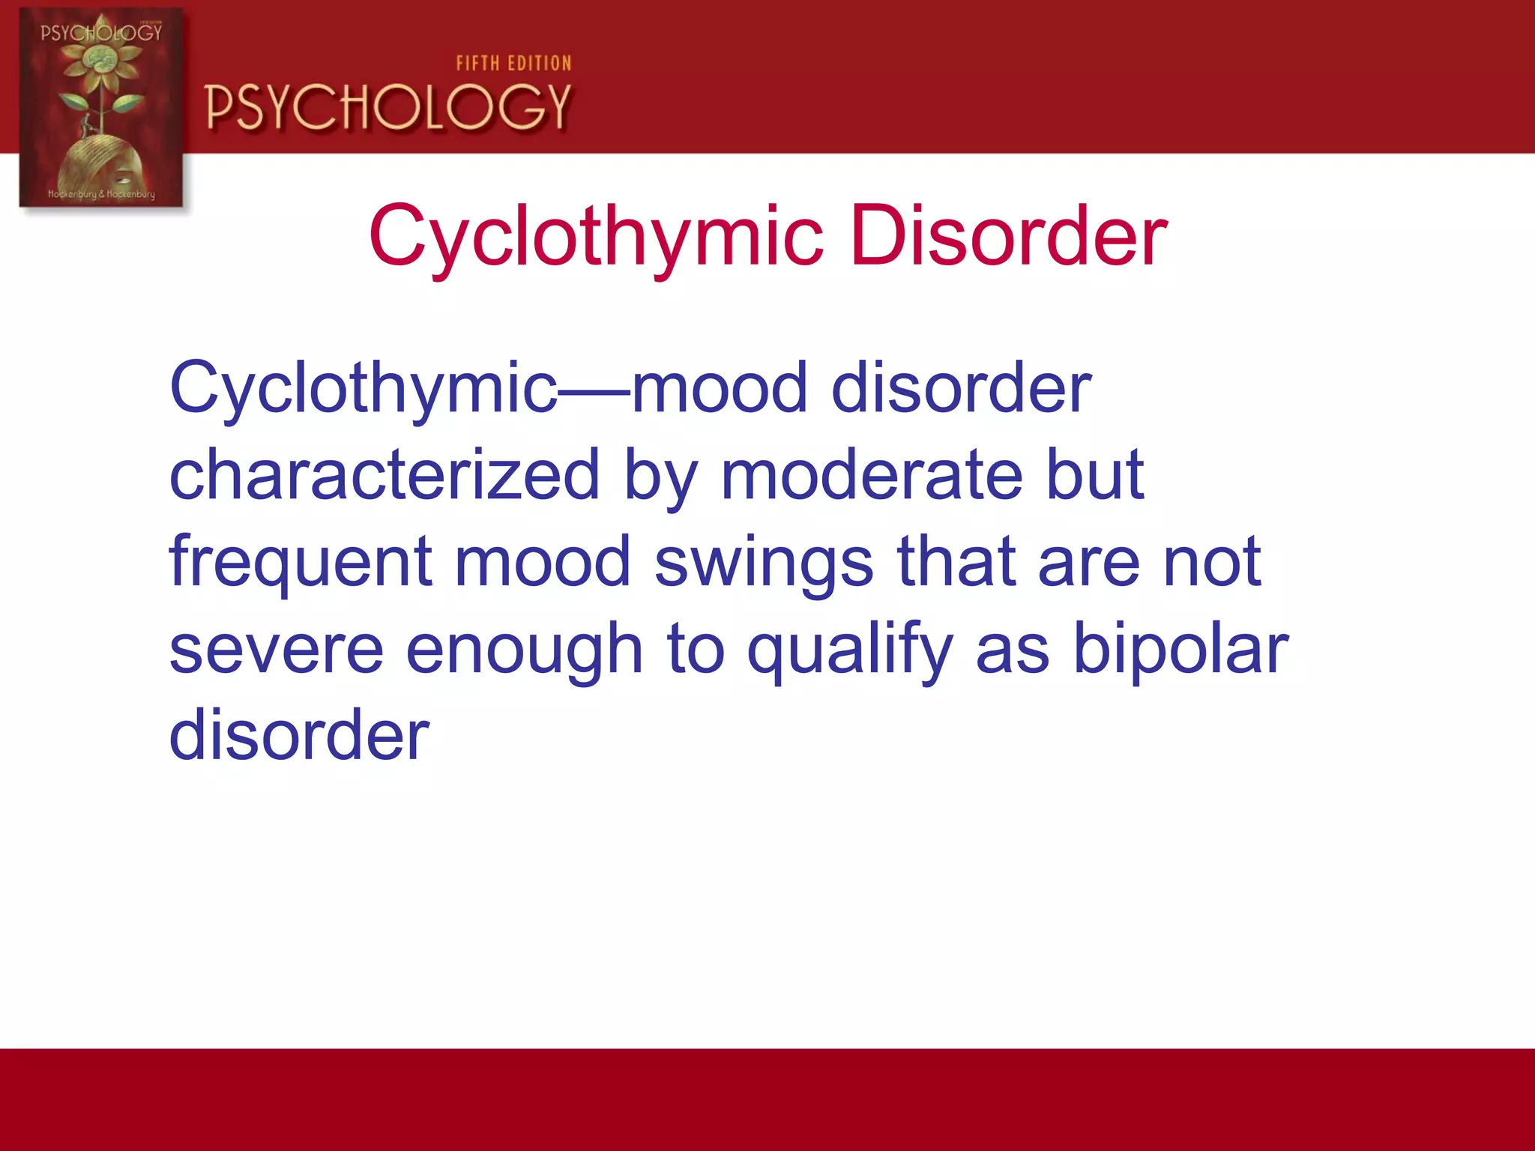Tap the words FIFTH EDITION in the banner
tap(513, 64)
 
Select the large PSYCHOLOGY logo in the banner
tap(388, 107)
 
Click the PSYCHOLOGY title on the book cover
tap(101, 32)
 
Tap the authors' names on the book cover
tap(101, 194)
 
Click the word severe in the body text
tap(276, 649)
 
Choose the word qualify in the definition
tap(849, 650)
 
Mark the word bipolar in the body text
tap(1180, 649)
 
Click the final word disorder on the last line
tap(299, 735)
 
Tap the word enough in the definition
tap(524, 650)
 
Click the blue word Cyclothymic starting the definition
tap(364, 390)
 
